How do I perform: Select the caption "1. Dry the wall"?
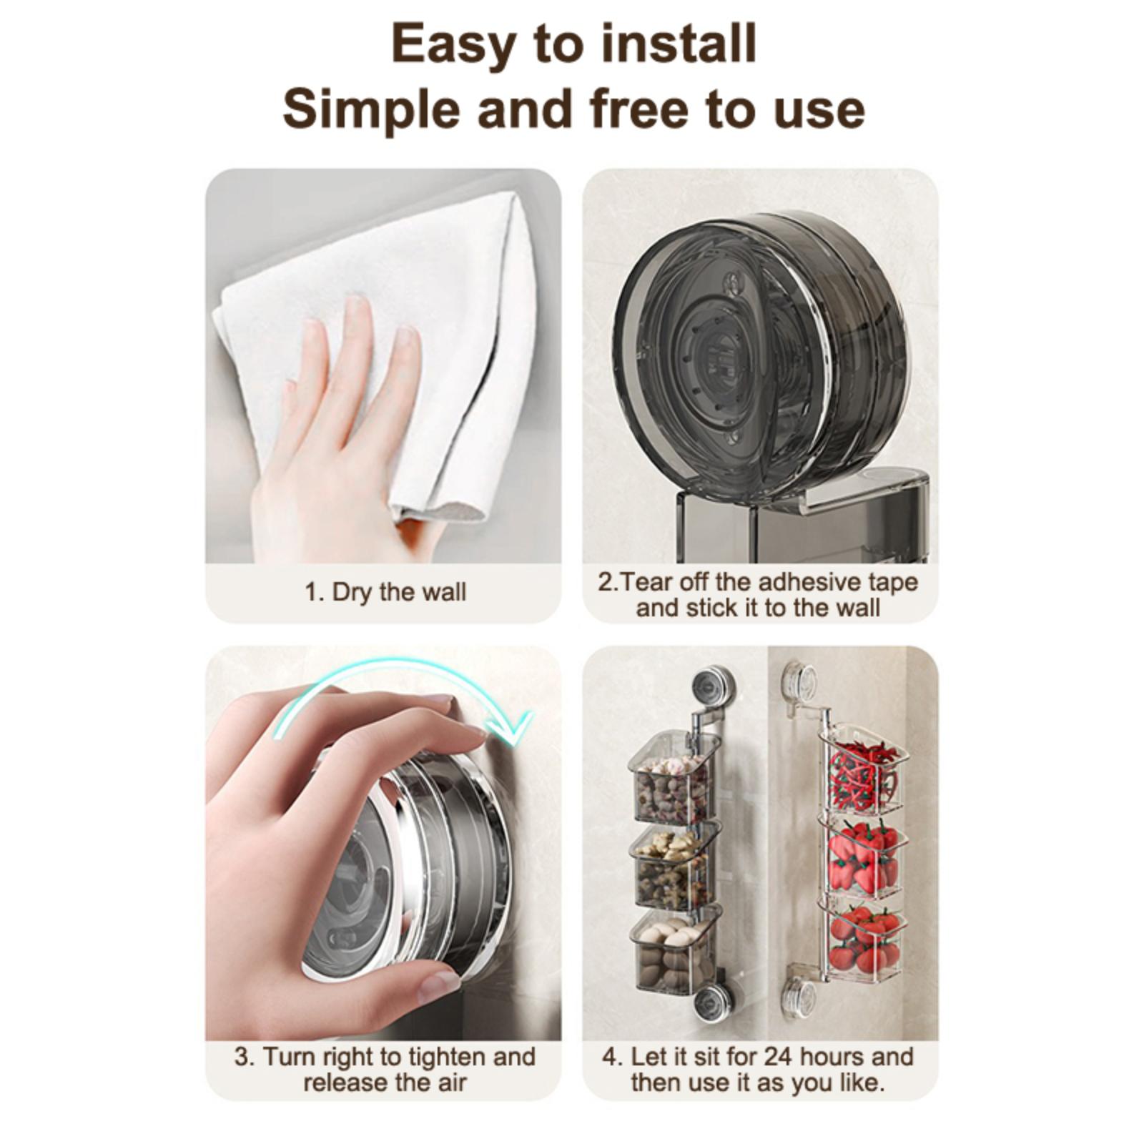tap(385, 592)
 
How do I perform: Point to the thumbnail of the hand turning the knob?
tap(383, 843)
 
